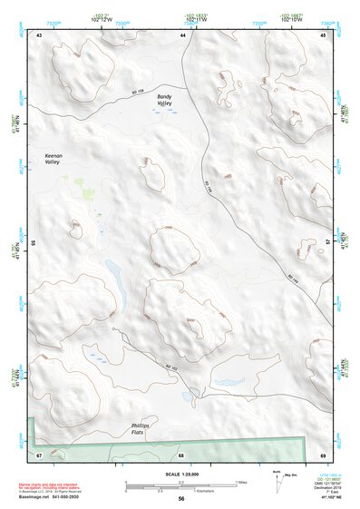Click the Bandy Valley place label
pyautogui.click(x=163, y=100)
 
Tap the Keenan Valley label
pyautogui.click(x=59, y=161)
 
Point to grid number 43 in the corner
pyautogui.click(x=39, y=34)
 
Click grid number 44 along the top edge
pyautogui.click(x=182, y=34)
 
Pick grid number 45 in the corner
pyautogui.click(x=324, y=34)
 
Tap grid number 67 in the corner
pyautogui.click(x=39, y=454)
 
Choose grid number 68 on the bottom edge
pyautogui.click(x=181, y=454)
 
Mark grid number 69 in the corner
pyautogui.click(x=323, y=454)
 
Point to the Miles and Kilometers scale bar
pyautogui.click(x=180, y=485)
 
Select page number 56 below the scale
pyautogui.click(x=181, y=499)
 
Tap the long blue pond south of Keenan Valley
pyautogui.click(x=115, y=271)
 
